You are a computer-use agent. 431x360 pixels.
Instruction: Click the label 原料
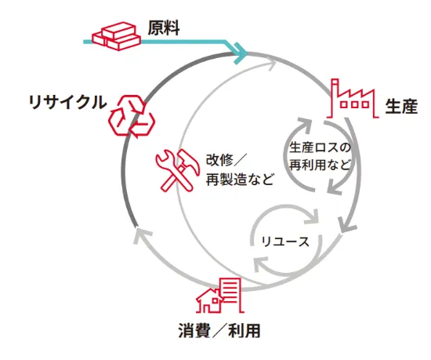coord(164,27)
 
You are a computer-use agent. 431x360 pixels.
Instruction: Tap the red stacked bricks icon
coord(116,36)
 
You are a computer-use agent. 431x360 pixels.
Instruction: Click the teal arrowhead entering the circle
coord(241,53)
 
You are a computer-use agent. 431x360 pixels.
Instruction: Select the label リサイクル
coord(67,102)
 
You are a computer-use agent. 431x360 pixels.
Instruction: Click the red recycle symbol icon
coord(132,116)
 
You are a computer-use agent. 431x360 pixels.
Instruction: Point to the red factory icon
coord(354,99)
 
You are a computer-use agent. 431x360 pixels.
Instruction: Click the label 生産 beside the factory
coord(401,106)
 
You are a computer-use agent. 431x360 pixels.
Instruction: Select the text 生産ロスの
coord(321,147)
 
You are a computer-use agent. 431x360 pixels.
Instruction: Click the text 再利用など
coord(321,165)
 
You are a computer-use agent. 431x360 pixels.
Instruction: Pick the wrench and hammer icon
coord(178,170)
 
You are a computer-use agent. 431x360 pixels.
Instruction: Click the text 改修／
coord(226,160)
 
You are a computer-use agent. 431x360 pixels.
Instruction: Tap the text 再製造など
coord(240,180)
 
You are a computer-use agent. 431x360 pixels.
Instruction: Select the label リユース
coord(285,242)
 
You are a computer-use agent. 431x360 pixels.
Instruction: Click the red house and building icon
coord(220,296)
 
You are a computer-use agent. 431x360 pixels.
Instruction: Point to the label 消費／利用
coord(219,330)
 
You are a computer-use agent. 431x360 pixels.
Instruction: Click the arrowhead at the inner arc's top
coord(271,65)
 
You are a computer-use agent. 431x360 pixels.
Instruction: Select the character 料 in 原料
coord(172,27)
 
